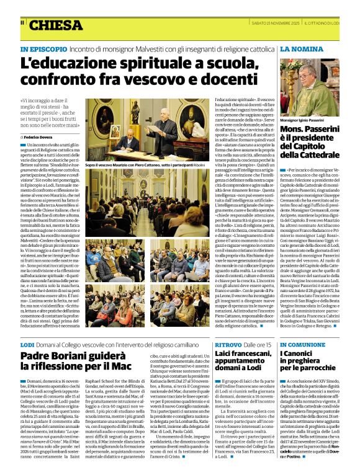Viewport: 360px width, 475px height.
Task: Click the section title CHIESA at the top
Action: (x=55, y=25)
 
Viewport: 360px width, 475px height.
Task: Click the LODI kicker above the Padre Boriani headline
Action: (x=27, y=344)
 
